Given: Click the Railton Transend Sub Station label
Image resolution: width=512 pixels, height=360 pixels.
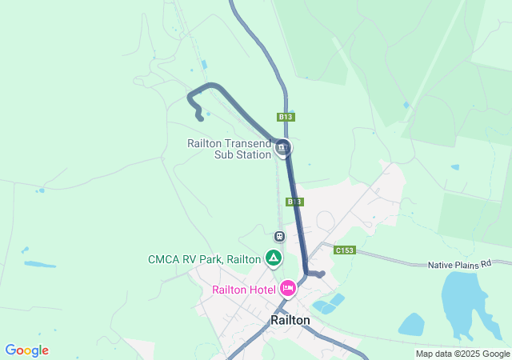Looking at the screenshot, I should coord(230,149).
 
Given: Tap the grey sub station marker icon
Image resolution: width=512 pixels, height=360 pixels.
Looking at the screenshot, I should coord(282,148).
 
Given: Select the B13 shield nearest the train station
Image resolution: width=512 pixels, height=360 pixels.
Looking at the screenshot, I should coord(294,202).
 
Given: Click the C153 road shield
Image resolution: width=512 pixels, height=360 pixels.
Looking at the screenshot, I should coord(345,250).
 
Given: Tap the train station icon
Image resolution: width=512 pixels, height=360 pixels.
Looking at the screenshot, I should coord(279,236).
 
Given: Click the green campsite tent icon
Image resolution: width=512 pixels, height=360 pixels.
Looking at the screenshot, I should coord(274,258).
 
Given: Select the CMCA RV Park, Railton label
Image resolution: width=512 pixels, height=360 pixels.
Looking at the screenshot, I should coord(204,259).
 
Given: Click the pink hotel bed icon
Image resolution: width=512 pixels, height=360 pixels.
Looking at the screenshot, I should coord(288,288).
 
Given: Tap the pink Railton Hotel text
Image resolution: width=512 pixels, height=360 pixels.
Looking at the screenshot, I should coord(244,290).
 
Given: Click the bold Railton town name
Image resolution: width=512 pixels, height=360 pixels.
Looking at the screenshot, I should coord(290,319).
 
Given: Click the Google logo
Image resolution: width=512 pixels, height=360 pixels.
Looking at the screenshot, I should coord(26,350).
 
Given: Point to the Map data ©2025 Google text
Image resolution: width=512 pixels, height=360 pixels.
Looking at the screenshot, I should coord(462,354).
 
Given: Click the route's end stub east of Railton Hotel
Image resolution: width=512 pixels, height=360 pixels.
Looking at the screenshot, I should coord(321,274).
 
